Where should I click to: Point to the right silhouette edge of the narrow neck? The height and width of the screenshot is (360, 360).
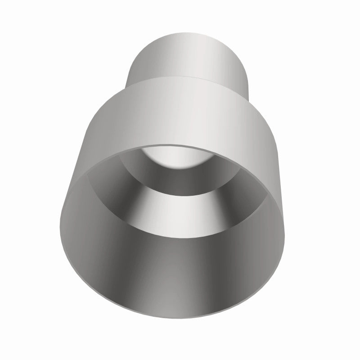click(x=248, y=67)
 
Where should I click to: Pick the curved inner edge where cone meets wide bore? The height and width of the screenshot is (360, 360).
click(x=180, y=234)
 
